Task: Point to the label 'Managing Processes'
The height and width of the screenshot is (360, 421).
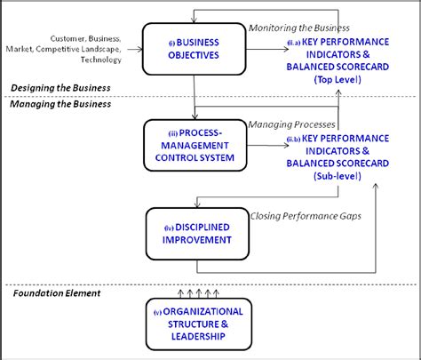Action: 292,124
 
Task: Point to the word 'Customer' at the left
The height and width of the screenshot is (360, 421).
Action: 68,38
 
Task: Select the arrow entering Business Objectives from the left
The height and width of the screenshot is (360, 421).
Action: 133,48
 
